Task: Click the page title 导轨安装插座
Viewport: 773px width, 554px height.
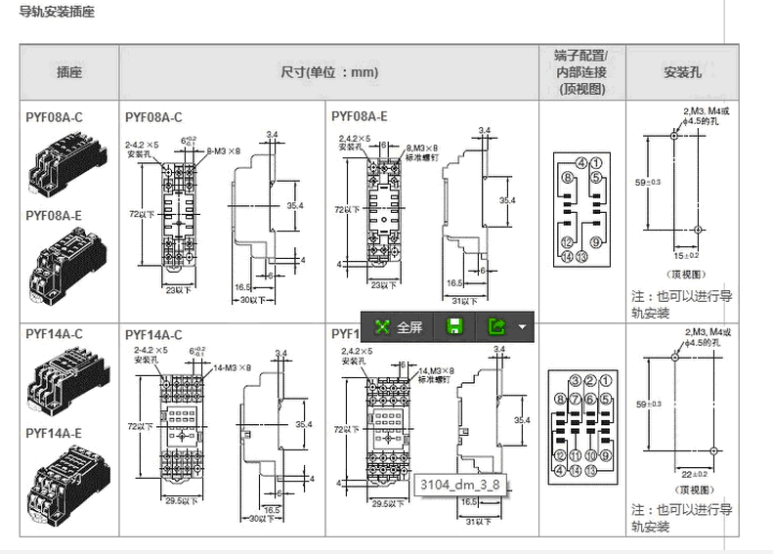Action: click(x=57, y=15)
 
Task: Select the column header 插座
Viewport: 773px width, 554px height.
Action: click(x=69, y=71)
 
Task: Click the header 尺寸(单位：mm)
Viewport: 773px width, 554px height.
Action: click(x=329, y=71)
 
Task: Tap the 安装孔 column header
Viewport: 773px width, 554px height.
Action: click(x=682, y=71)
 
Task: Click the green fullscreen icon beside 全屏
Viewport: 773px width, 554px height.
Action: click(x=382, y=327)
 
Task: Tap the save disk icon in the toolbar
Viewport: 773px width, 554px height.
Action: click(x=454, y=327)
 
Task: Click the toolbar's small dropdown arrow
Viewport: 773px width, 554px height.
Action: click(x=523, y=327)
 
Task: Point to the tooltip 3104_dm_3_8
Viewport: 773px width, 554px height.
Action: click(x=459, y=484)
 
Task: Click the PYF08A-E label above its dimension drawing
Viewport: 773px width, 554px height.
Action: click(x=359, y=116)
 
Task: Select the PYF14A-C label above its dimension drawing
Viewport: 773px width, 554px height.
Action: click(x=153, y=334)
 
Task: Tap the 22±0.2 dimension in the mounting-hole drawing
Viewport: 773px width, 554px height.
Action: click(x=694, y=474)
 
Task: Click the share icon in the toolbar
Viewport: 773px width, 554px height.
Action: click(x=497, y=327)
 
